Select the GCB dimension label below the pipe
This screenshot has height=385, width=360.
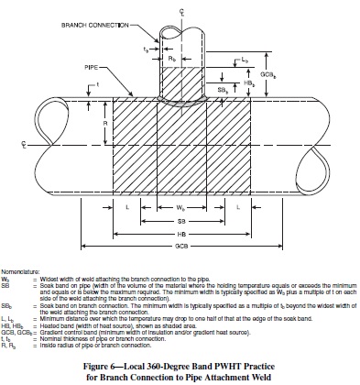pyautogui.click(x=181, y=247)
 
